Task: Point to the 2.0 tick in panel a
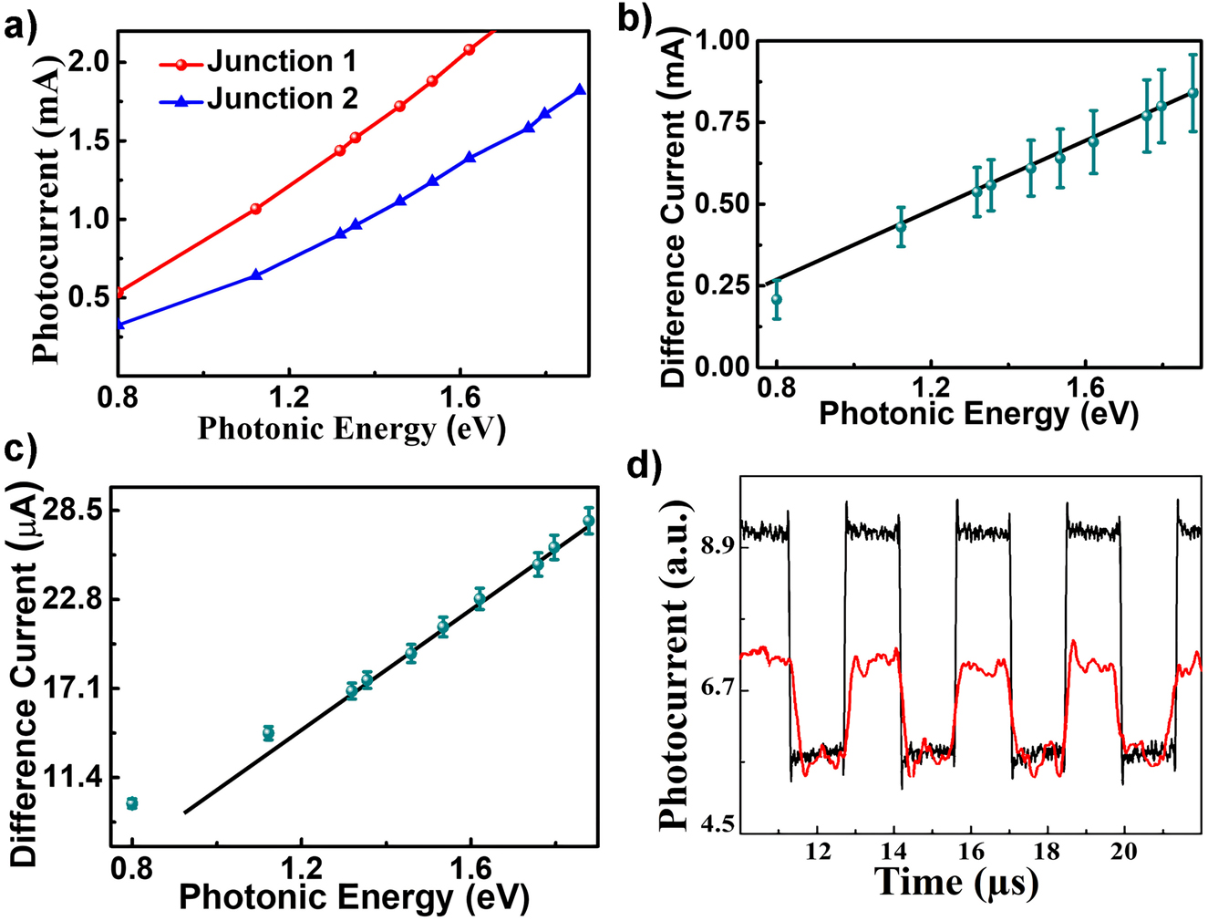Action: click(88, 62)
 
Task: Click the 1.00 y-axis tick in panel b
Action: click(723, 41)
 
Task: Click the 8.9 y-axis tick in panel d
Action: click(718, 545)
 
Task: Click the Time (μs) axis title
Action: click(955, 882)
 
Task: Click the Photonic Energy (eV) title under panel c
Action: click(354, 897)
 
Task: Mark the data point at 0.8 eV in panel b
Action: click(777, 299)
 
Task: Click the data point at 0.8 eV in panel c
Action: click(131, 803)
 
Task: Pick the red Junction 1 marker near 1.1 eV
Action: click(255, 209)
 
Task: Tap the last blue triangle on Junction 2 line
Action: click(580, 90)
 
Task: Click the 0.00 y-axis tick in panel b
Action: click(723, 367)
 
